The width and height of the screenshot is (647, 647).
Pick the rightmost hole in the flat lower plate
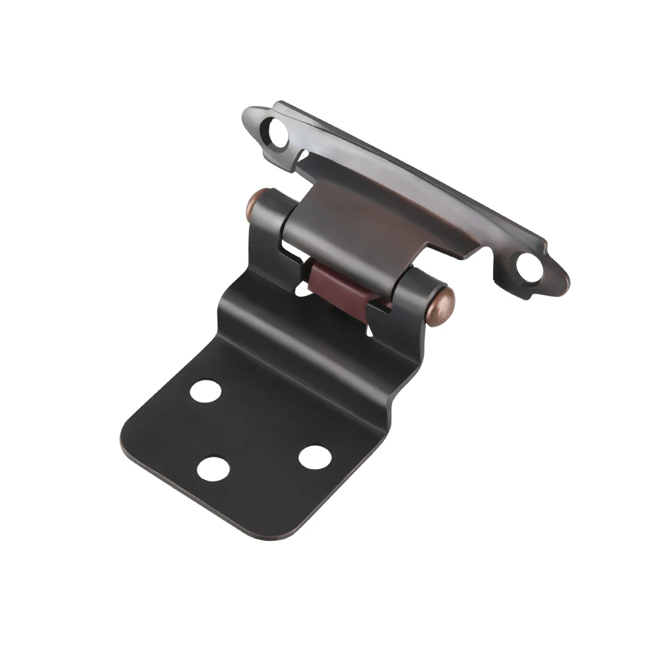coord(315,457)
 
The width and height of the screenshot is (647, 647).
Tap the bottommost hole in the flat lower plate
coord(213,468)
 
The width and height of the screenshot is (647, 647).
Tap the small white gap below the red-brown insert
coord(371,331)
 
